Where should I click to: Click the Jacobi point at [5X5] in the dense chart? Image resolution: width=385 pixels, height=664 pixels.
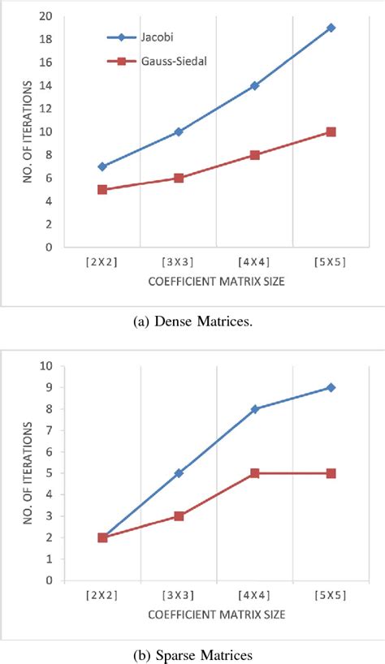point(331,28)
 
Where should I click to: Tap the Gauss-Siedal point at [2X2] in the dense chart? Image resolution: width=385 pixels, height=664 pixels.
point(102,189)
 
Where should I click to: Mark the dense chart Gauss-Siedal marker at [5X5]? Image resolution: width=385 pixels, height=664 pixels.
point(331,132)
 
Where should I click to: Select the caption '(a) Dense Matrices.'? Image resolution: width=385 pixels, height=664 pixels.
point(192,323)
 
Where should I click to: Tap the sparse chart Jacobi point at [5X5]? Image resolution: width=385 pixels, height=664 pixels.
point(331,387)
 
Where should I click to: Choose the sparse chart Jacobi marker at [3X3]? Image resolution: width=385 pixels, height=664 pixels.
point(179,472)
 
